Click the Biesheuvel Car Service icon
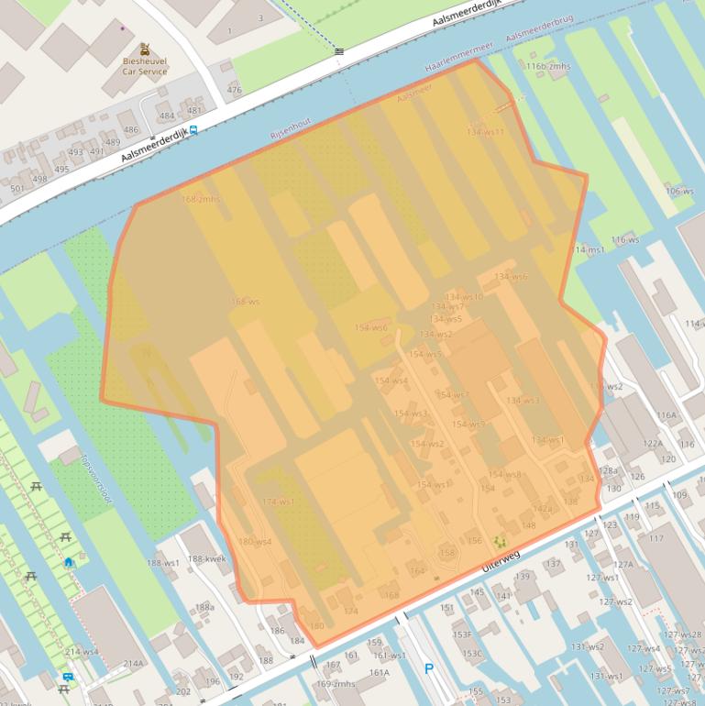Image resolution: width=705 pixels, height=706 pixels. (145, 50)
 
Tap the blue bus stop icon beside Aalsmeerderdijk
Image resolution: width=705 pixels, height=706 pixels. (193, 131)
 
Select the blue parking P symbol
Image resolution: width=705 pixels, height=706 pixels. (428, 670)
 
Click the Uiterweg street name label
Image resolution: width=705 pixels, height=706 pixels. (500, 563)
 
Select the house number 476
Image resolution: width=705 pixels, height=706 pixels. (235, 90)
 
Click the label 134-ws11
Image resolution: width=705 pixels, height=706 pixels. (485, 132)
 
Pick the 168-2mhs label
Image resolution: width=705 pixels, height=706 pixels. (201, 199)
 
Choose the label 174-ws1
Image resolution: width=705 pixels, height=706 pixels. (278, 502)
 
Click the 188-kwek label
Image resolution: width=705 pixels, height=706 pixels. (206, 559)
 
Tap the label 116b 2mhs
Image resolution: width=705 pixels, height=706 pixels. (548, 67)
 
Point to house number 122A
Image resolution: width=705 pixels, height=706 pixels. (652, 443)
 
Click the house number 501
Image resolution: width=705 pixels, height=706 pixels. (17, 189)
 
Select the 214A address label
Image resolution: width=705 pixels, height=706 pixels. (134, 664)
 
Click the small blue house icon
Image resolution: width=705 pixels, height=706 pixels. (69, 562)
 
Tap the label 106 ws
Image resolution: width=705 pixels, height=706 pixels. (679, 191)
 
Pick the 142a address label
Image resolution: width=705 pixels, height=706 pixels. (543, 509)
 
